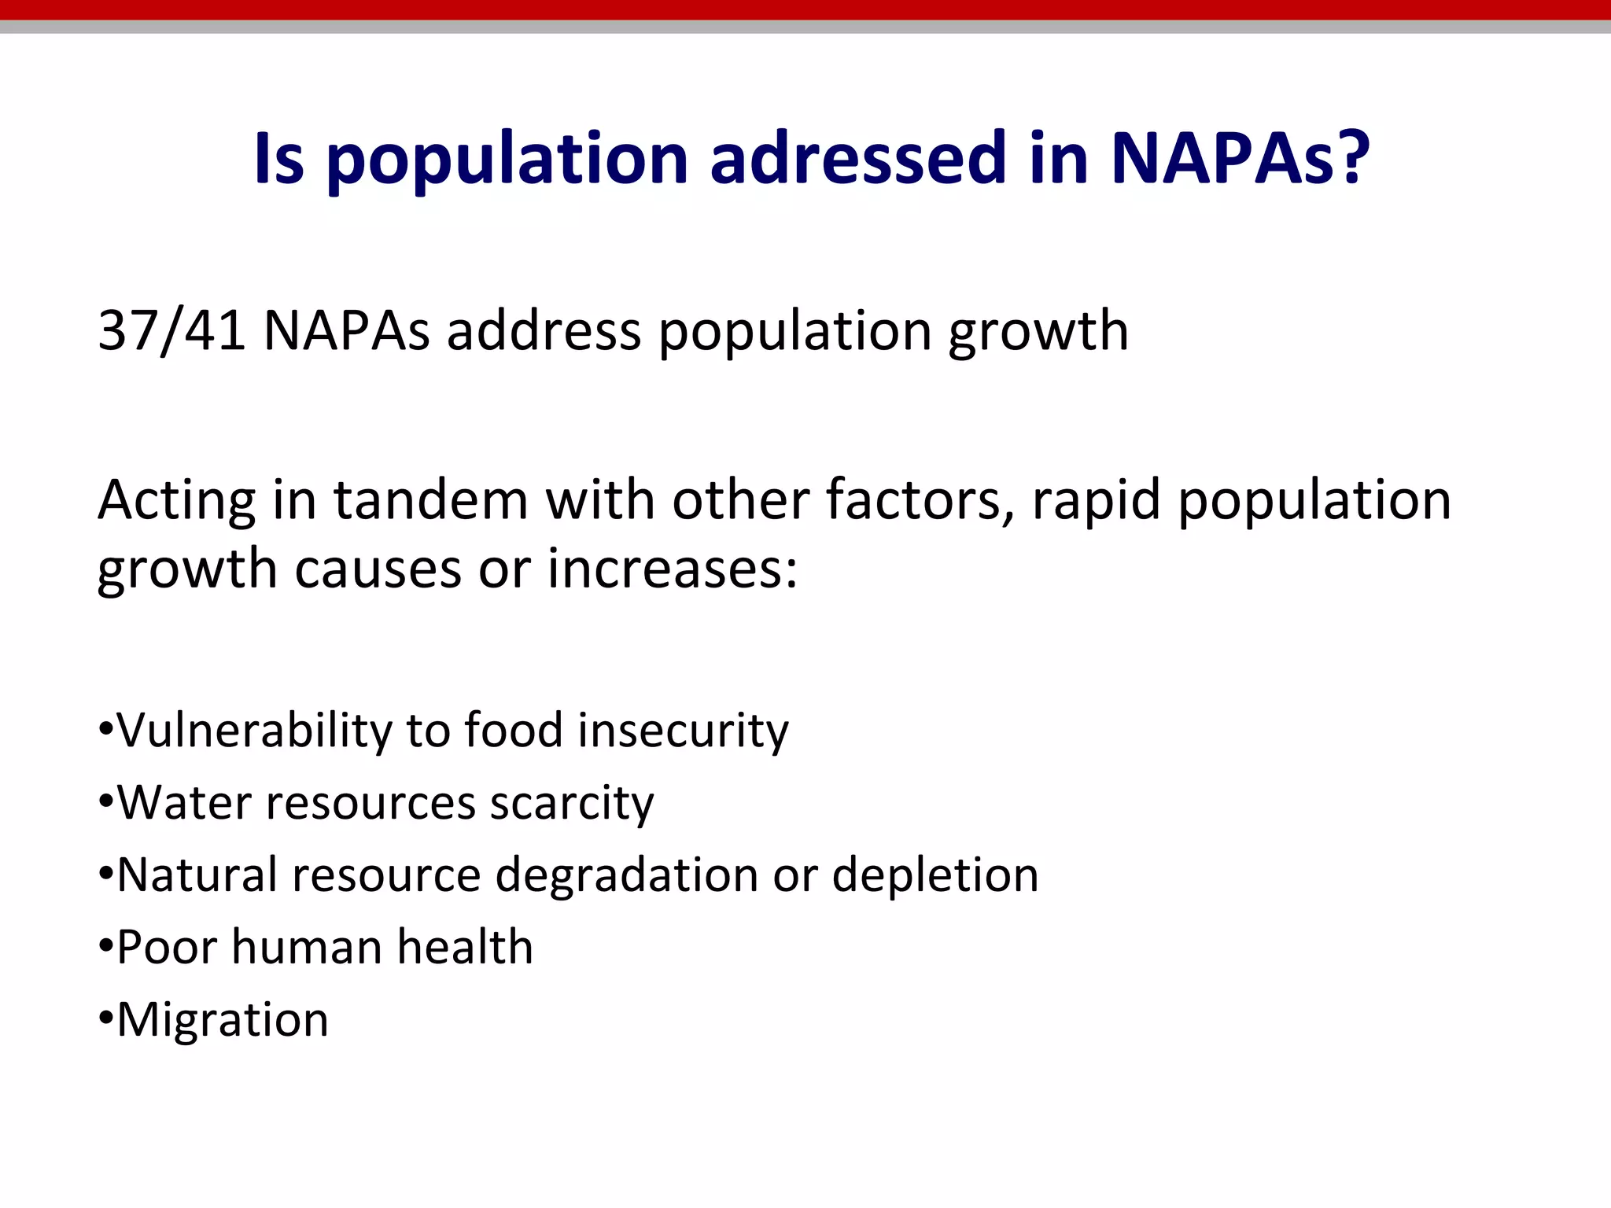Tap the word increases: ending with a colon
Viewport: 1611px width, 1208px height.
point(672,569)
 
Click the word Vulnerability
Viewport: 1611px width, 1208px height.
point(253,731)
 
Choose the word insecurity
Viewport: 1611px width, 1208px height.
point(682,731)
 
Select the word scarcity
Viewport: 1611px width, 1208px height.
point(572,803)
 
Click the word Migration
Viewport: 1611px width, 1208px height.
point(223,1020)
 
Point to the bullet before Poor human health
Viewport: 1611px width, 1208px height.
point(106,947)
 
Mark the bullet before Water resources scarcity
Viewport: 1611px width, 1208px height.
point(106,803)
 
